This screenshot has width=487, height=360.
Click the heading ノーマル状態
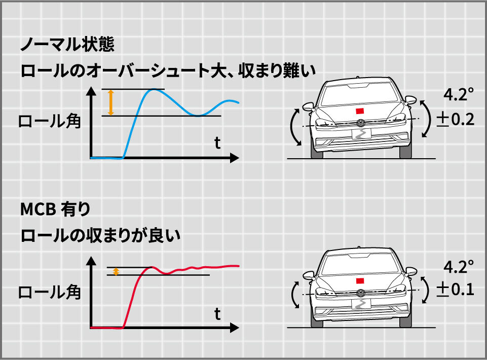point(67,45)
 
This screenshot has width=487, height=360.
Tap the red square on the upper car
point(360,111)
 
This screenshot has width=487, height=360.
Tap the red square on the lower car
point(360,280)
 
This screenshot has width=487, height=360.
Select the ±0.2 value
point(455,120)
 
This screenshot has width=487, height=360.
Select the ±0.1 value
point(455,290)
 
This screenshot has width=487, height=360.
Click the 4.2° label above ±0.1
point(459,265)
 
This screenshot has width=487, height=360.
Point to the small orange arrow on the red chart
point(116,271)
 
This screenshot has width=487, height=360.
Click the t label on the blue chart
point(217,143)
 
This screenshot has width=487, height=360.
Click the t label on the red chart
point(217,314)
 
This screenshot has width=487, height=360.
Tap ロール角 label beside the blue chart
point(50,122)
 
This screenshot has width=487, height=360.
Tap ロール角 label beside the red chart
point(50,293)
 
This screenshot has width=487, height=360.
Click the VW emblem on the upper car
point(360,123)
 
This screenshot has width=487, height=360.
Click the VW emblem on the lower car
point(360,293)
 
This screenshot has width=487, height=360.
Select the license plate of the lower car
point(360,305)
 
